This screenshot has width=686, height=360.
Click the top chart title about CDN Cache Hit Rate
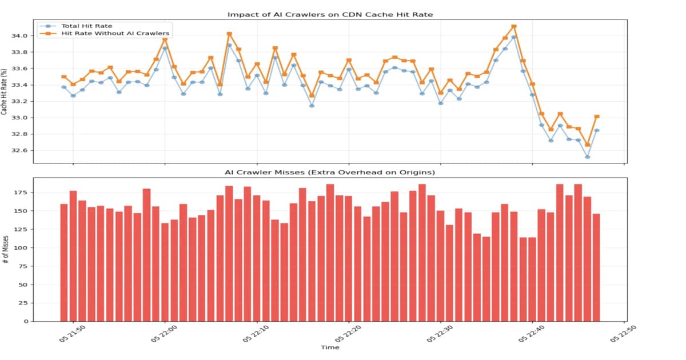click(330, 14)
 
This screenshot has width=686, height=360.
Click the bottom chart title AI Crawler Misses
click(330, 173)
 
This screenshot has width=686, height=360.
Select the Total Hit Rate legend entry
click(86, 26)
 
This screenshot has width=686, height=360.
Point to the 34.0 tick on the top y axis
click(19, 36)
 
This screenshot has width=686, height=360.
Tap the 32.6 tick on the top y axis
click(19, 151)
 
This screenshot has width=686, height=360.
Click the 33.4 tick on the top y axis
click(19, 85)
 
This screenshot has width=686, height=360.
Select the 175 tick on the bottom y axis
click(21, 193)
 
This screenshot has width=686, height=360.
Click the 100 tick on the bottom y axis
click(21, 248)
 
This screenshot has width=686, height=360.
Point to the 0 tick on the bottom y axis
click(25, 322)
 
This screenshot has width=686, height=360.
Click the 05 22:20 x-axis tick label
click(348, 334)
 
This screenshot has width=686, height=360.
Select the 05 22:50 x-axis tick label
click(623, 334)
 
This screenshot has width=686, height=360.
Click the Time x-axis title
click(330, 347)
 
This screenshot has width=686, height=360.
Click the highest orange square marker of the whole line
click(514, 26)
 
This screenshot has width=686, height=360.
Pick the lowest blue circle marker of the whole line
click(587, 157)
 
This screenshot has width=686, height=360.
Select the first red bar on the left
click(64, 262)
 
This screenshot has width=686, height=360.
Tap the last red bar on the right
click(596, 267)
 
